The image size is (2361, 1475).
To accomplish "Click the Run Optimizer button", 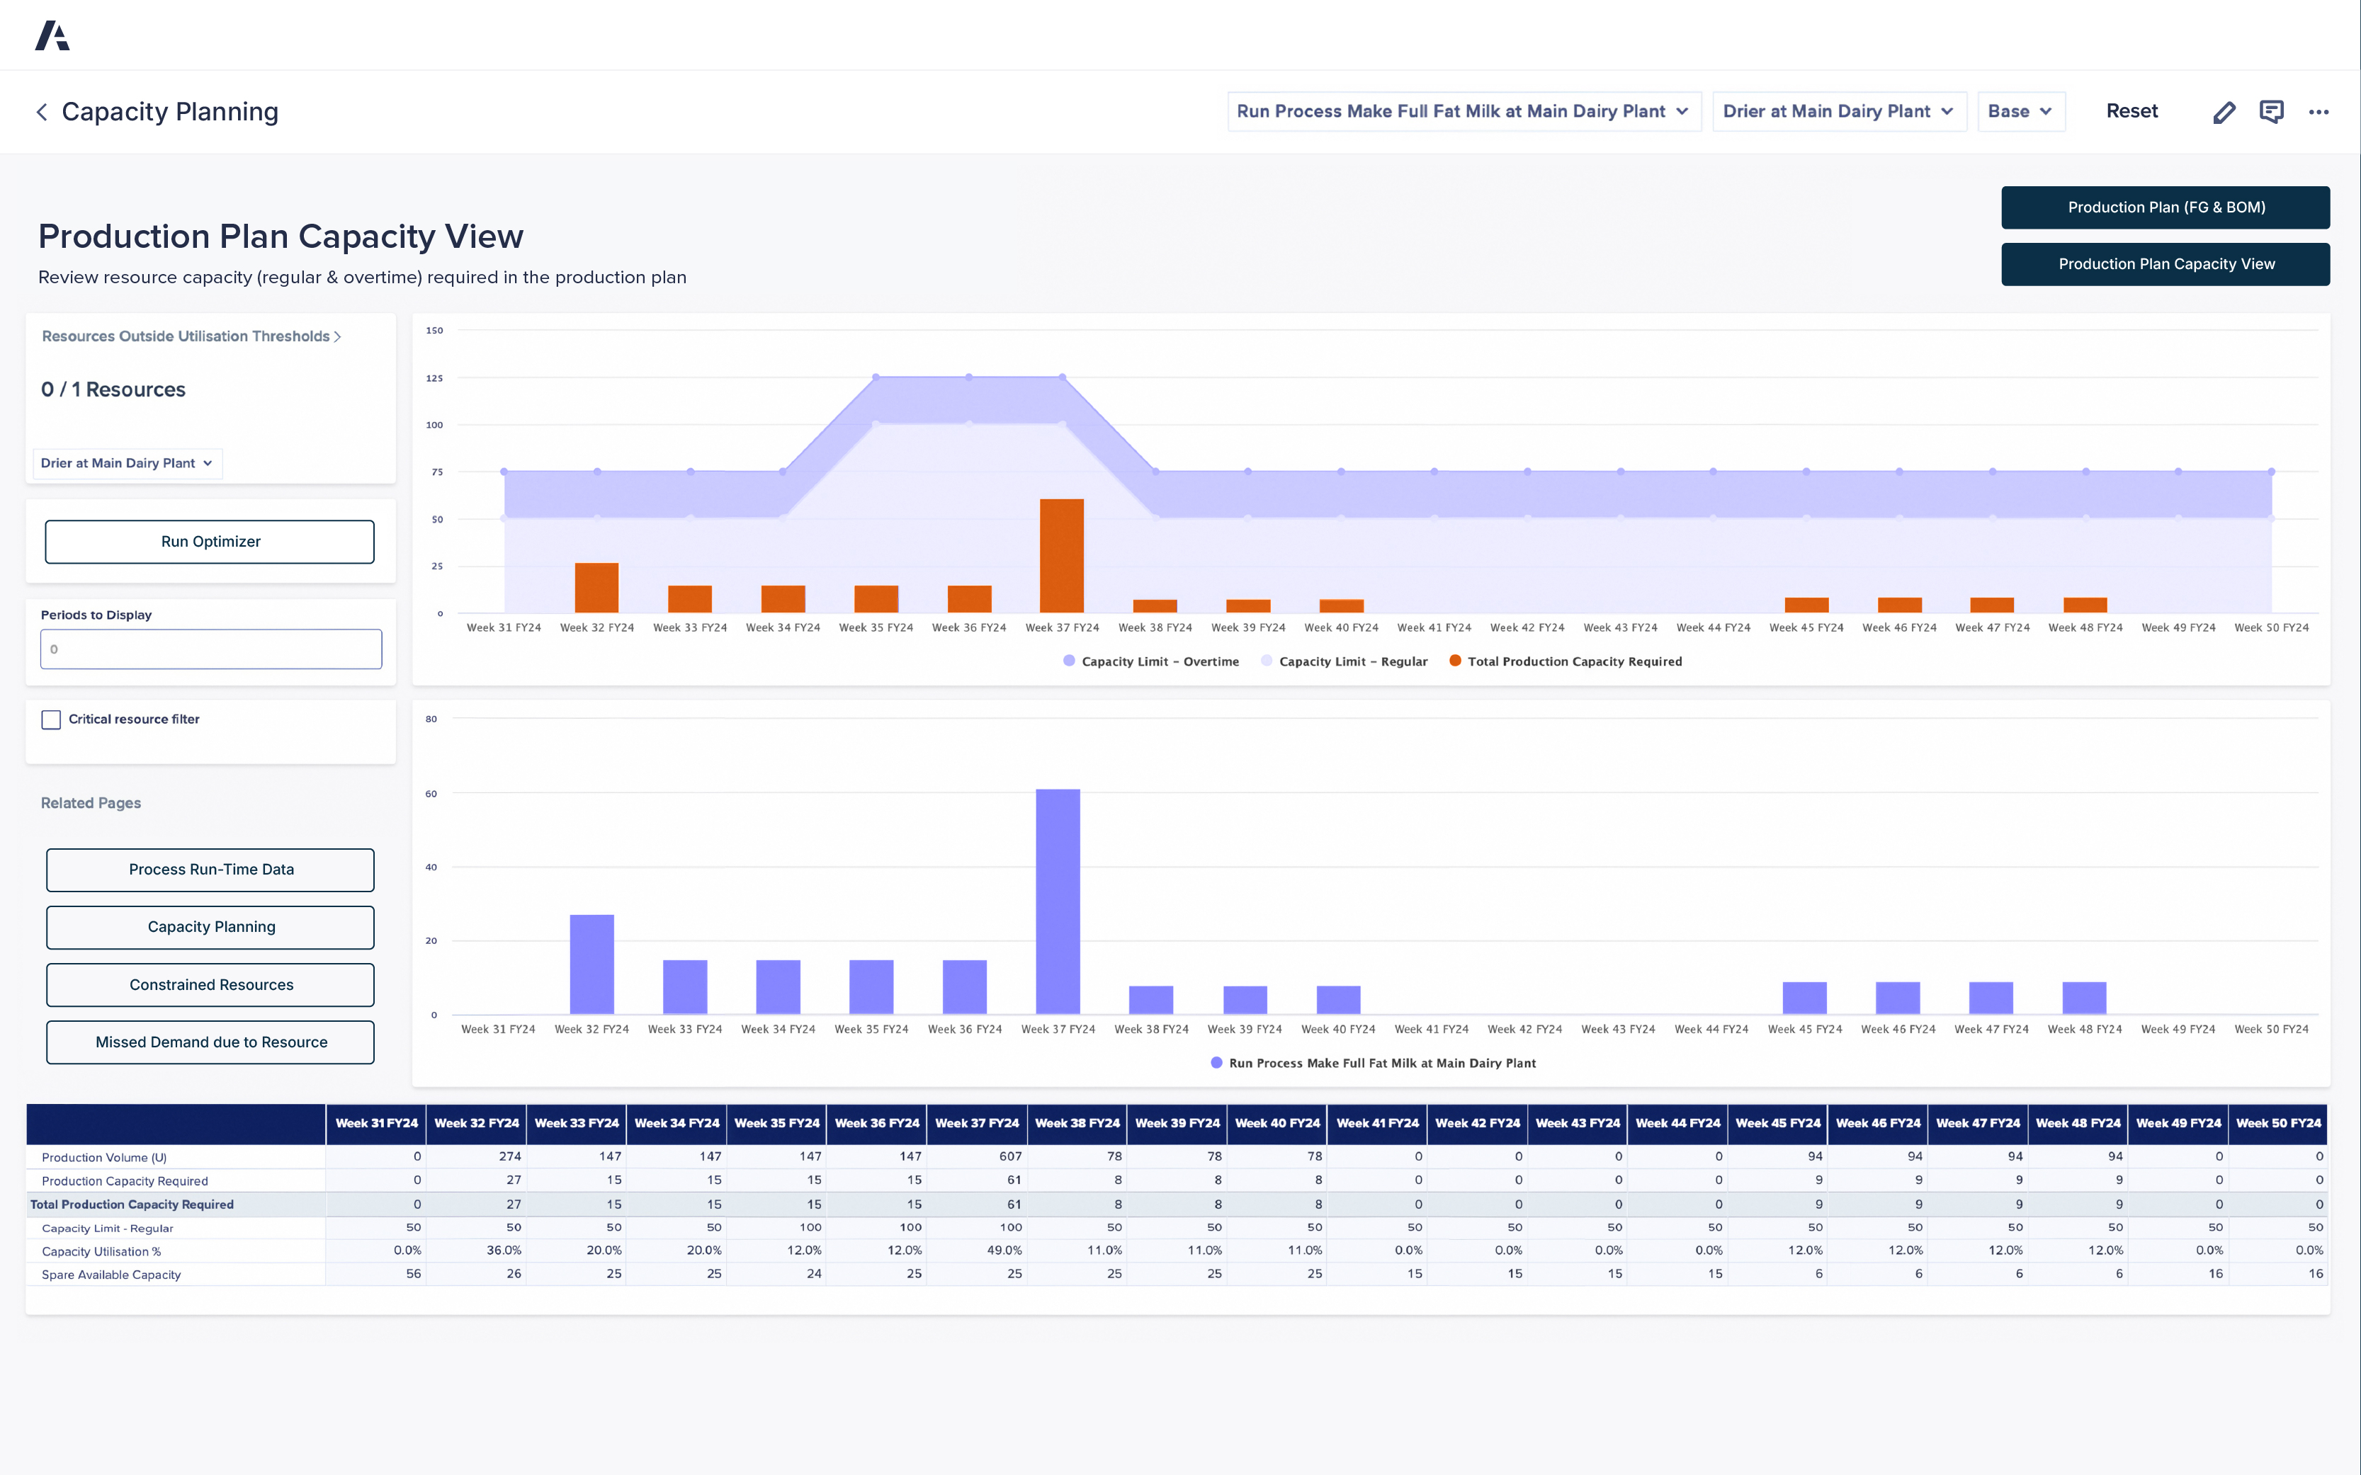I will (x=210, y=542).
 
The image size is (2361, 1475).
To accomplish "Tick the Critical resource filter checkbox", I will (x=52, y=720).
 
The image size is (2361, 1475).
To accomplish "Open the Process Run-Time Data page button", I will (x=210, y=869).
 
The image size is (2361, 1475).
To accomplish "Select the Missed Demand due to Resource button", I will (x=210, y=1042).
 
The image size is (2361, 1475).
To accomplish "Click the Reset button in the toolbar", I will (x=2131, y=111).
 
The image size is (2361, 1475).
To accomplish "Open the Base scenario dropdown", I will (x=2020, y=111).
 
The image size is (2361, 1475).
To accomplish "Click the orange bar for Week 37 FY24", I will (x=1061, y=556).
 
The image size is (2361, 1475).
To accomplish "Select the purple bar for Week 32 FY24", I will (x=591, y=964).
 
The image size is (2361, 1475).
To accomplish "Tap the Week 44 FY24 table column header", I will (x=1677, y=1123).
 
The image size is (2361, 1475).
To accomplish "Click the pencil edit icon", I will (x=2224, y=112).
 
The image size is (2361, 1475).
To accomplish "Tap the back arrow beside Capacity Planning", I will (x=42, y=112).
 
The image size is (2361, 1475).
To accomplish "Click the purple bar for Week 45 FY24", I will (x=1804, y=998).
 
